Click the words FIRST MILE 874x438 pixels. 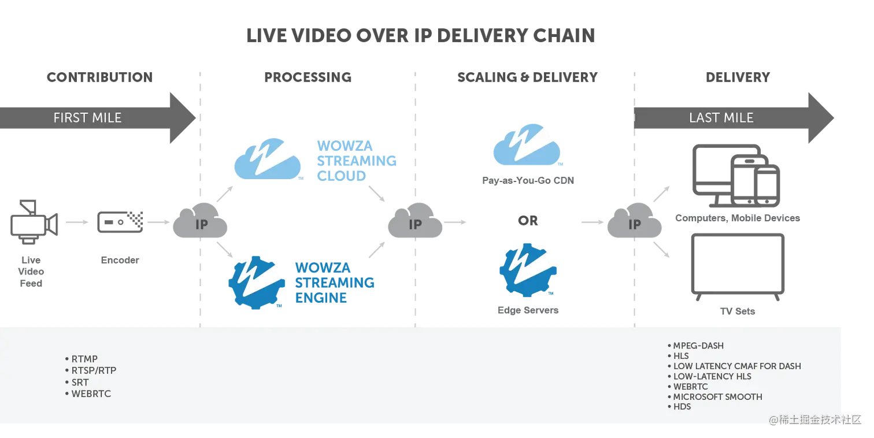point(87,118)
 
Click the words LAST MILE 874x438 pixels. point(721,118)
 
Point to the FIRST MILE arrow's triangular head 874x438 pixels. point(182,118)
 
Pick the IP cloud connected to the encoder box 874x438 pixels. point(201,225)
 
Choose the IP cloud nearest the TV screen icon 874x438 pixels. point(634,225)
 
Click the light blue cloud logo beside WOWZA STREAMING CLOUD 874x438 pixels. point(268,159)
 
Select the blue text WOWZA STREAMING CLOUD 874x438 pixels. point(355,160)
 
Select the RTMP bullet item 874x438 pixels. point(84,359)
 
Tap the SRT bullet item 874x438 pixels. point(80,383)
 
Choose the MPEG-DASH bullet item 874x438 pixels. point(698,346)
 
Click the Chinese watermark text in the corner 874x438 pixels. point(815,420)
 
